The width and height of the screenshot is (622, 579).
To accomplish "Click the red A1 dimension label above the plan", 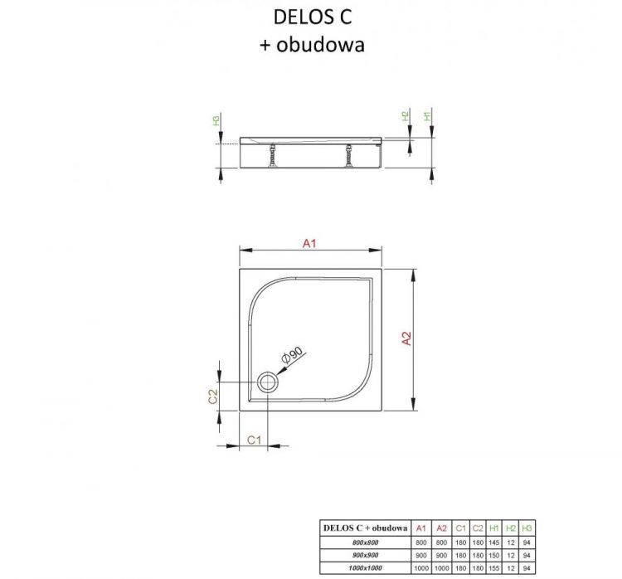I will click(310, 243).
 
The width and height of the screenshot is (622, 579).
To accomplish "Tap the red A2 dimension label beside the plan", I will click(406, 339).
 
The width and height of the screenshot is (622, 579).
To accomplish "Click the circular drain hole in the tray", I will click(268, 382).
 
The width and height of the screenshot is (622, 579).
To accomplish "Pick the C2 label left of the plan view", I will click(212, 397).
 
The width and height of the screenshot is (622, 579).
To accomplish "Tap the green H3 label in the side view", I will click(216, 121).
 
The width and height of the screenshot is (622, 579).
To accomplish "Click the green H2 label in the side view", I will click(406, 116).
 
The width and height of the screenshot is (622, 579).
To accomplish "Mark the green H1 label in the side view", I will click(428, 116).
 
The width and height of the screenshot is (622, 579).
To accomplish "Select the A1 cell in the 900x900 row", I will click(420, 554).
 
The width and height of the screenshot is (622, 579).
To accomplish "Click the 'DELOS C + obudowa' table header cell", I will click(366, 528).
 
